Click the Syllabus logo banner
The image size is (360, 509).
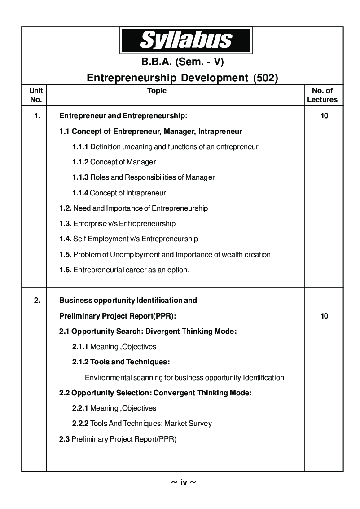tap(185, 40)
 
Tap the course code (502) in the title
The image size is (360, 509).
tap(266, 78)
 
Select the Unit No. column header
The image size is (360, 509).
tap(35, 95)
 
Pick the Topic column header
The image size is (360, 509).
tap(157, 91)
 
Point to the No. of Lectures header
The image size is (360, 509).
tap(322, 95)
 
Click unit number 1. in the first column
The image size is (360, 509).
tap(37, 116)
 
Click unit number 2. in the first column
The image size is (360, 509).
tap(37, 300)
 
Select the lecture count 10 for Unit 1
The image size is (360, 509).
tap(324, 116)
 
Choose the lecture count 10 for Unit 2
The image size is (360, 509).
tap(324, 316)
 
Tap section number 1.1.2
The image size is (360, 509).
tap(80, 162)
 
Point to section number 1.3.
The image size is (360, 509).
tap(65, 224)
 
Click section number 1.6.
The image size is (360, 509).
tap(65, 270)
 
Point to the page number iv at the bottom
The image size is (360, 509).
tap(184, 483)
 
